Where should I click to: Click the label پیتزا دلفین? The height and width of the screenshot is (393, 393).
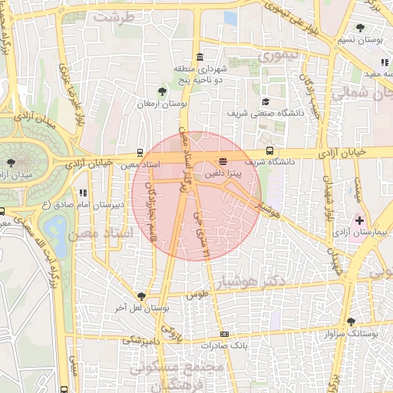[223, 175]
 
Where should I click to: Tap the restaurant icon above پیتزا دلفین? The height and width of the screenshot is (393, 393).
[223, 161]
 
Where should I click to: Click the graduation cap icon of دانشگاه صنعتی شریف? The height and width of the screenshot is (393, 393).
[266, 101]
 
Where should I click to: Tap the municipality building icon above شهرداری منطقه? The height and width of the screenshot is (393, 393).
[200, 57]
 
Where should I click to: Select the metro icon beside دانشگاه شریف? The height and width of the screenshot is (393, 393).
[269, 150]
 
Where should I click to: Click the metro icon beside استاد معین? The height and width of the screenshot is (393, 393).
[139, 152]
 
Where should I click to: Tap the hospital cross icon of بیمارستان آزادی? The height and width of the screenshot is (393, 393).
[358, 221]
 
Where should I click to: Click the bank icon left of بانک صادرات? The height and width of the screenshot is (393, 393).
[224, 334]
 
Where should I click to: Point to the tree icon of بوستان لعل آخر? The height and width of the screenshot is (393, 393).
[140, 296]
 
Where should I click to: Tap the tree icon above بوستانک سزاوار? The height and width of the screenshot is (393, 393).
[351, 322]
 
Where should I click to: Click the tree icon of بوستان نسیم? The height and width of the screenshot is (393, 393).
[360, 28]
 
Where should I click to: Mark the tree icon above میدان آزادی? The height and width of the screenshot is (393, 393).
[11, 163]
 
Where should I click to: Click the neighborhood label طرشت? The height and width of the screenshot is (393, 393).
[114, 15]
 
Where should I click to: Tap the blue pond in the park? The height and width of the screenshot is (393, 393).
[54, 226]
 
